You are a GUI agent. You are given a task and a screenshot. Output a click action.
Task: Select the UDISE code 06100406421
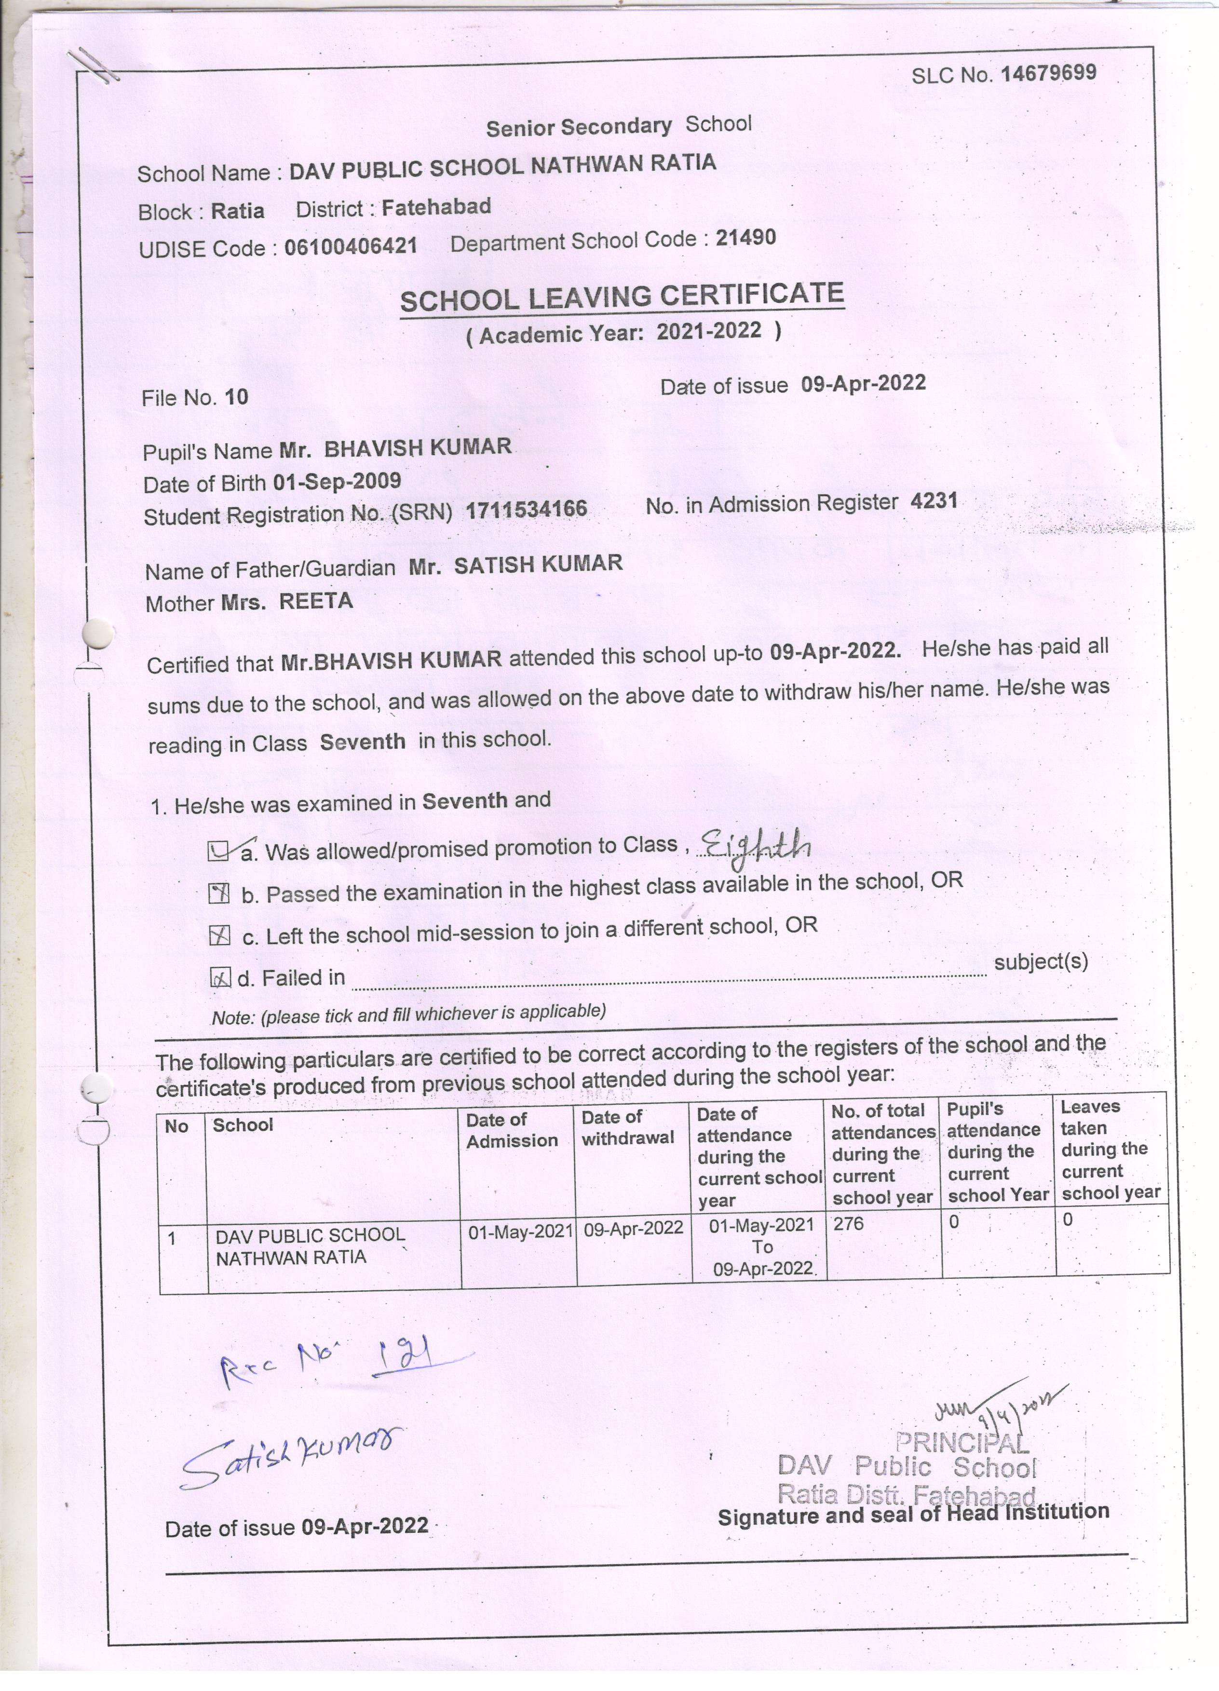351,245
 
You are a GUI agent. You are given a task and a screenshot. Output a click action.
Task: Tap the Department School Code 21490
745,238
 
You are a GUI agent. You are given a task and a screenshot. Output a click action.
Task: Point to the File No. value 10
236,397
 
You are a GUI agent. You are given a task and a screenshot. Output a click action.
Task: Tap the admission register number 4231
934,501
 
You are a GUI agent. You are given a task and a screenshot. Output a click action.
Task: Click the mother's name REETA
316,601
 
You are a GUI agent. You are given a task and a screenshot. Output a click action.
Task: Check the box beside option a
217,852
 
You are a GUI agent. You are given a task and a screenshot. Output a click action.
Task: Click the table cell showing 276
849,1223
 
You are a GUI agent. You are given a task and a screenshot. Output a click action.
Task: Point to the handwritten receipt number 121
406,1354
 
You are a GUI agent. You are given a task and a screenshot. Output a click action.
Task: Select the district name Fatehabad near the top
436,206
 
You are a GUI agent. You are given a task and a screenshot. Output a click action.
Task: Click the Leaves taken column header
1110,1149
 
